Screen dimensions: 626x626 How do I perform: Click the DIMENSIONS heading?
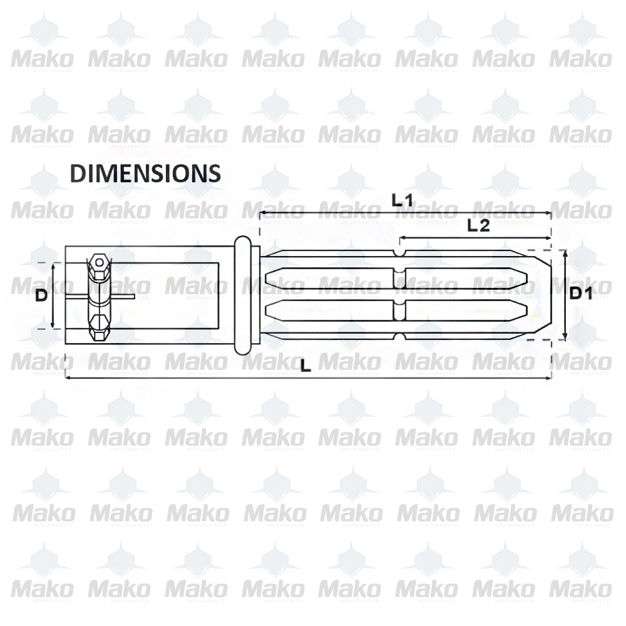[145, 173]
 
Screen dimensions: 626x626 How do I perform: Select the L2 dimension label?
[478, 226]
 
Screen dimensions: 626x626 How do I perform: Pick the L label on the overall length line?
[305, 367]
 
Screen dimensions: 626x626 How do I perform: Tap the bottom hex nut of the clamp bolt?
[98, 326]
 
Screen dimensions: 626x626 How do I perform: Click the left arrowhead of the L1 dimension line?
[262, 213]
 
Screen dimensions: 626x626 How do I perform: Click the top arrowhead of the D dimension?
[53, 265]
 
